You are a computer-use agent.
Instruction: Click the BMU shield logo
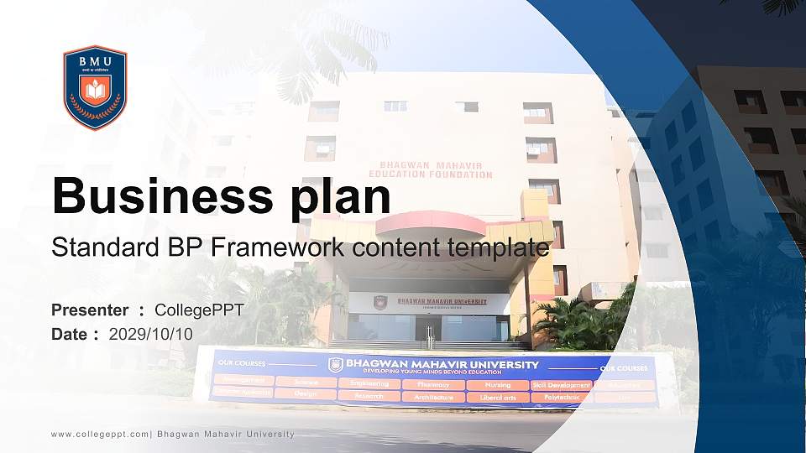(95, 87)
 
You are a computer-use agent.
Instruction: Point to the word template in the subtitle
(499, 248)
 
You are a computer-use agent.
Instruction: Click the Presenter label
(90, 310)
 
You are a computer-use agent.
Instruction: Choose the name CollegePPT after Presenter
(200, 310)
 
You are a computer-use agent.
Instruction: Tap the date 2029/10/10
(150, 334)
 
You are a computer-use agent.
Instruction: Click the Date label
(70, 334)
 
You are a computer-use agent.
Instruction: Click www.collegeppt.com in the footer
(100, 434)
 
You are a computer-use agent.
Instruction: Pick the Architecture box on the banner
(433, 397)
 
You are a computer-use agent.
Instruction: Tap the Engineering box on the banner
(369, 383)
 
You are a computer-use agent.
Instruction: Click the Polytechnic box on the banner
(562, 397)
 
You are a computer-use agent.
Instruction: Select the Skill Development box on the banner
(562, 384)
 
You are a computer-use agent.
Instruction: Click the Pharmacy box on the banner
(433, 384)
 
